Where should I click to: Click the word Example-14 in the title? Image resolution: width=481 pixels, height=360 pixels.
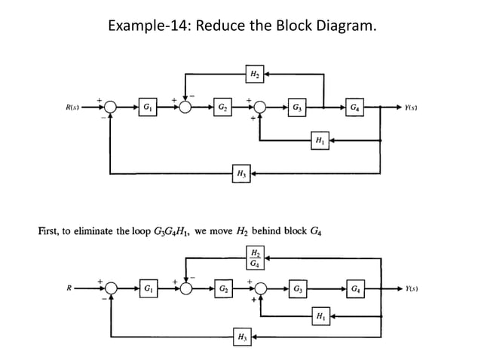[149, 27]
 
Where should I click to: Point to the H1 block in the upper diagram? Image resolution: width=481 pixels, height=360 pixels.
[320, 140]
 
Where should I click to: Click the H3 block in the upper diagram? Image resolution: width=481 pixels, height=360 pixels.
[240, 174]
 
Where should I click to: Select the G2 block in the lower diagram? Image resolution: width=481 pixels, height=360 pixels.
[224, 288]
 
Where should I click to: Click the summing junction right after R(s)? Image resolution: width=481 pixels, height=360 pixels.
[111, 107]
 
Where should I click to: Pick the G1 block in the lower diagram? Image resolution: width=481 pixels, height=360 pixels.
[148, 288]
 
